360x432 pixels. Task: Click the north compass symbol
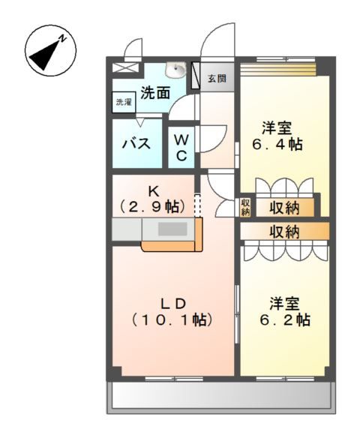point(50,49)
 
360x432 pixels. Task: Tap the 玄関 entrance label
point(217,78)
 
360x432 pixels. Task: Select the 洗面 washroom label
point(155,92)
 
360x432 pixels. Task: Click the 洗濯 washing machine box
point(122,103)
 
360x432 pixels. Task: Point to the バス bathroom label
point(140,143)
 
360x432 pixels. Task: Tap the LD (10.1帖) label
point(172,311)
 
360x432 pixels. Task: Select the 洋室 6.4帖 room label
point(281,136)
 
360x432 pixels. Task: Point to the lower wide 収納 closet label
point(284,231)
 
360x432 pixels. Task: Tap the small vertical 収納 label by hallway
point(246,207)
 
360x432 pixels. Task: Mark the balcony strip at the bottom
point(221,397)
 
